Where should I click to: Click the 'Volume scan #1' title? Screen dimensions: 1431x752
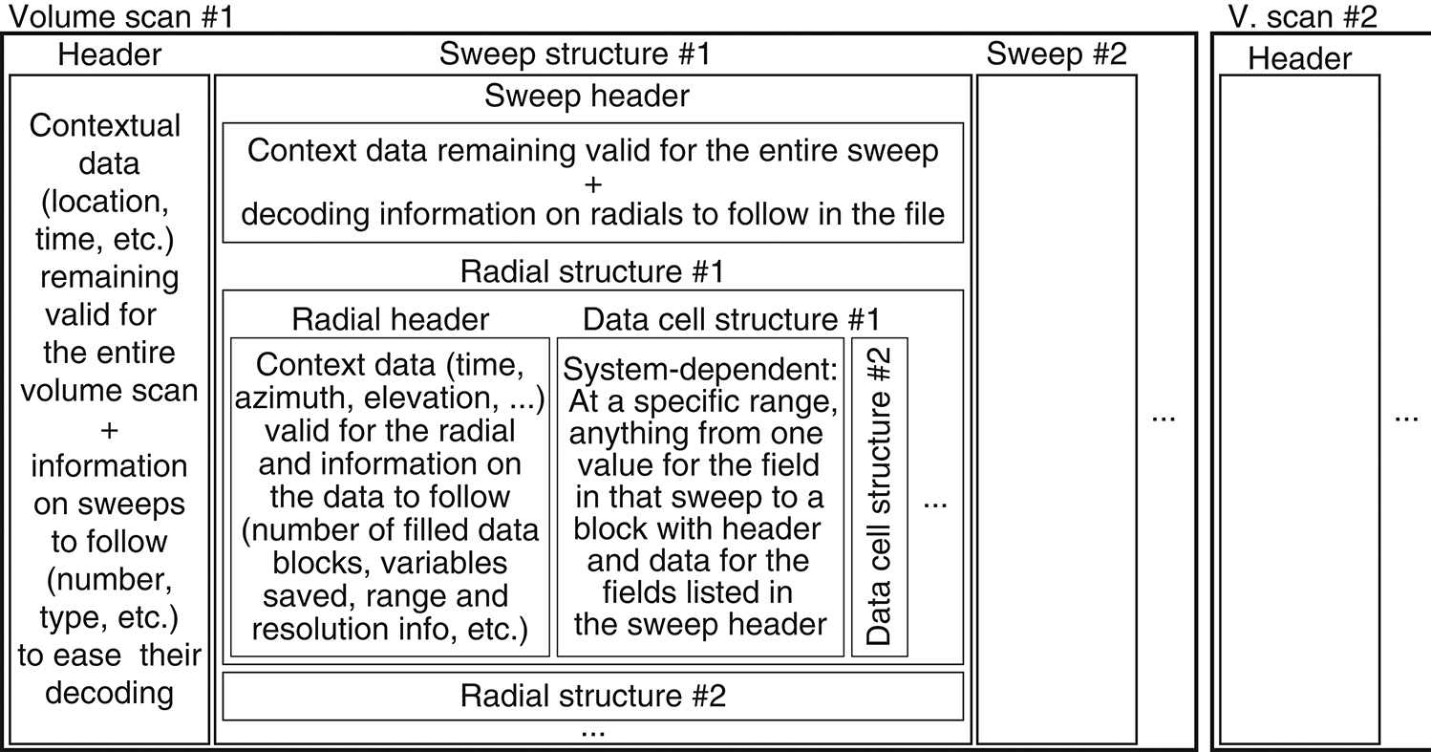(121, 16)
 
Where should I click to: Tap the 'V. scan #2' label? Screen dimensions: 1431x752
(1303, 16)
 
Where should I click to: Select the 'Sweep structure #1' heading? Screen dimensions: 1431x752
(575, 54)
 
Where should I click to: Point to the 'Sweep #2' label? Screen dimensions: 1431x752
(1057, 54)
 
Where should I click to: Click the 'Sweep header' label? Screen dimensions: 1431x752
(587, 96)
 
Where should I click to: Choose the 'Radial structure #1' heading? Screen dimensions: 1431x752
(592, 271)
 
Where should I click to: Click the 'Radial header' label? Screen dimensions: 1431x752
(391, 319)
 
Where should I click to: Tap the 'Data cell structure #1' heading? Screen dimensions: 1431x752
(732, 319)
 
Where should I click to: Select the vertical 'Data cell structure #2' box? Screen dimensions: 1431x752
(880, 497)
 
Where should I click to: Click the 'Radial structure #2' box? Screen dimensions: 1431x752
(593, 696)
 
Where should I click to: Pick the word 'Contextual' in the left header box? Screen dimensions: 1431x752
(105, 126)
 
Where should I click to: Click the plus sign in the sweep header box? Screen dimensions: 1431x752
(593, 184)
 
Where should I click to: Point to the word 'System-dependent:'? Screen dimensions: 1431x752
(700, 369)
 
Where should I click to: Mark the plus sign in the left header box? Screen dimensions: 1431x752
(109, 431)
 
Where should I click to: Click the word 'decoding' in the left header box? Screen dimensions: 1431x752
(109, 693)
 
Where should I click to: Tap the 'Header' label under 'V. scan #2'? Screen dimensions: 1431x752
(1300, 59)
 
